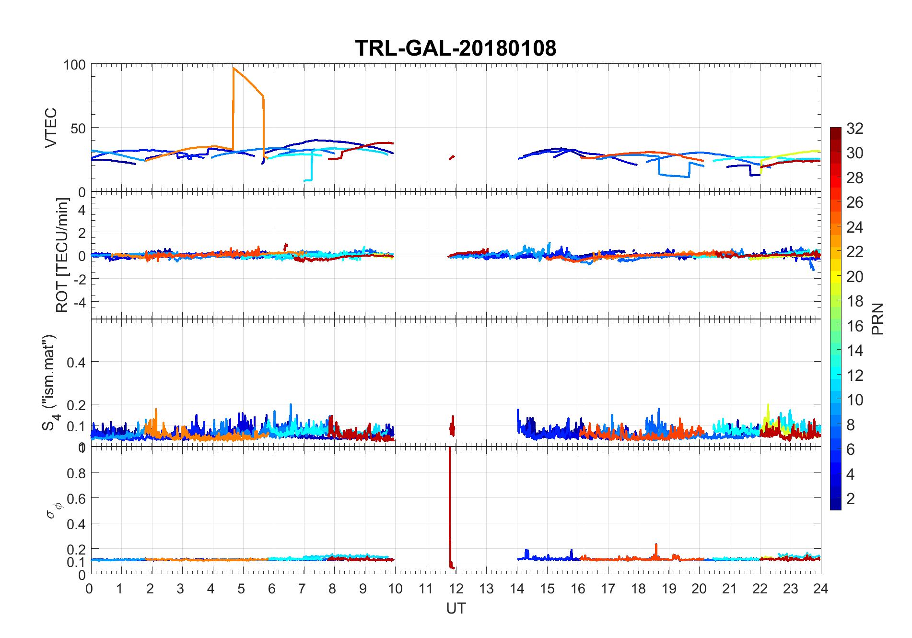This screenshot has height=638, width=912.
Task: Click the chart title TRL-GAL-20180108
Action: [456, 48]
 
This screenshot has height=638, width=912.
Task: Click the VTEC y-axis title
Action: [51, 127]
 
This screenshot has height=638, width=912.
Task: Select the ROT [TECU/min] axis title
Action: [62, 255]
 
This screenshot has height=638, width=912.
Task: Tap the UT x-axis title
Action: [456, 608]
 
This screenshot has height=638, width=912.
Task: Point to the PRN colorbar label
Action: [877, 319]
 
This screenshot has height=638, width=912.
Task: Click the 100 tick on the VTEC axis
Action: [74, 65]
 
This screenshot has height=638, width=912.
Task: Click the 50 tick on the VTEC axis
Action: [78, 128]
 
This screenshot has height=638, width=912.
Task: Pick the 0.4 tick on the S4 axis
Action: [76, 362]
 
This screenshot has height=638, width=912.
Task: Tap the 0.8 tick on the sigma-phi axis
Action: [76, 473]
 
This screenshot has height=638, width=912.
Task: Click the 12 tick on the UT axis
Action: [456, 589]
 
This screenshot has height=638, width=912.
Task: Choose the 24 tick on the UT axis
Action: [820, 589]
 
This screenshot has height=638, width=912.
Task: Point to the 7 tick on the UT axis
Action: [302, 589]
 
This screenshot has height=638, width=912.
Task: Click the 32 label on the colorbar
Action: [854, 128]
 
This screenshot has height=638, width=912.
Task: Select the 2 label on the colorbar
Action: [850, 498]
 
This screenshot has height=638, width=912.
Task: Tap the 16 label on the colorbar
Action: [854, 326]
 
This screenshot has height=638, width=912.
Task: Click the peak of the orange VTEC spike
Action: [234, 68]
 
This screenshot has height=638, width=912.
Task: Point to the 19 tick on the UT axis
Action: [668, 589]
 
